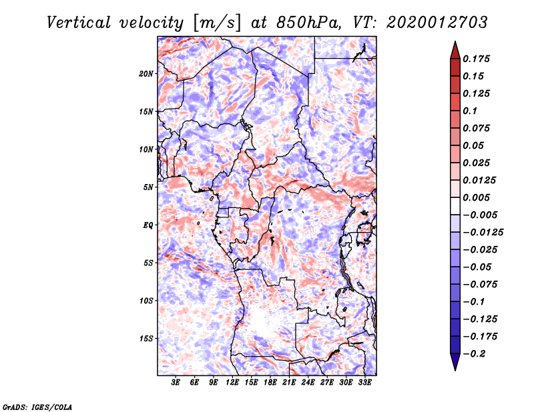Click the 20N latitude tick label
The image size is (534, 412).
pyautogui.click(x=146, y=73)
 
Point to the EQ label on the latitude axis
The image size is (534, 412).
pyautogui.click(x=148, y=225)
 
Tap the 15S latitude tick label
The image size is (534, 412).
pyautogui.click(x=146, y=338)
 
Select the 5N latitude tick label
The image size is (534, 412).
pyautogui.click(x=148, y=187)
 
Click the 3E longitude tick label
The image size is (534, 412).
pyautogui.click(x=176, y=383)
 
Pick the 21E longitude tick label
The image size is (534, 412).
pyautogui.click(x=290, y=383)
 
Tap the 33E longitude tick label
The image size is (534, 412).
pyautogui.click(x=365, y=383)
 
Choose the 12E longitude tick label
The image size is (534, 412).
pyautogui.click(x=233, y=383)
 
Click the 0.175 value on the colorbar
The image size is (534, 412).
pyautogui.click(x=477, y=59)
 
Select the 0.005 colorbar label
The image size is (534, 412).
pyautogui.click(x=477, y=197)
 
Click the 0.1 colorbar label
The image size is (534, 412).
pyautogui.click(x=471, y=111)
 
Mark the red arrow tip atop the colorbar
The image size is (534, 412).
pyautogui.click(x=455, y=45)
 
